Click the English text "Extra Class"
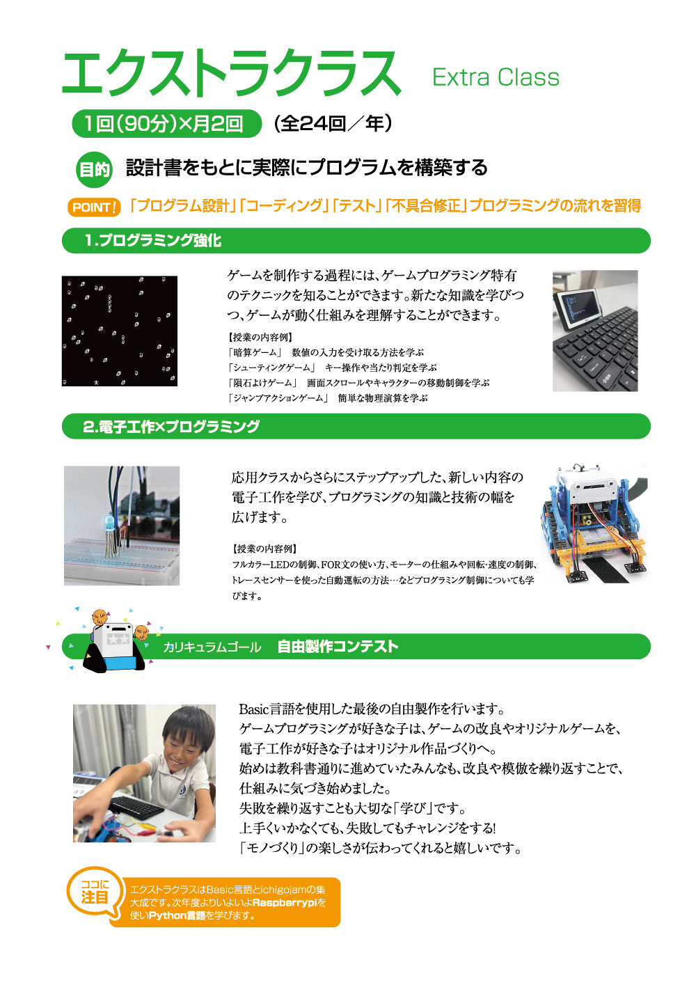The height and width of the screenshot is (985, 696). (x=496, y=77)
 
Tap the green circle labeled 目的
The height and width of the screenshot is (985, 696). (x=94, y=169)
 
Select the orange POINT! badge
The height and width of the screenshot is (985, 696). (x=94, y=207)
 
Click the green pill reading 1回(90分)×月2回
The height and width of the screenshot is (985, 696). (x=166, y=124)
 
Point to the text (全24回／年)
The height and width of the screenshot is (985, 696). (x=333, y=124)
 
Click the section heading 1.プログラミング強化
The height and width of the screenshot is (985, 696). (x=153, y=241)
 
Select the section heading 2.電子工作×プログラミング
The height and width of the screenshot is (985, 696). (x=171, y=426)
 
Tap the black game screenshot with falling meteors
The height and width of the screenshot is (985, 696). (x=120, y=331)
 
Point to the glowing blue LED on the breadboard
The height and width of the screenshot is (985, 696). (x=109, y=521)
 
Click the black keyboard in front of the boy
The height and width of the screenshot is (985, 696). (x=136, y=807)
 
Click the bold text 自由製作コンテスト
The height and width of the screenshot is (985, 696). (x=338, y=647)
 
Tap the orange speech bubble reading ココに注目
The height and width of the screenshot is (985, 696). (x=95, y=893)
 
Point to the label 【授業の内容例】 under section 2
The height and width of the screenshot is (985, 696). (x=264, y=549)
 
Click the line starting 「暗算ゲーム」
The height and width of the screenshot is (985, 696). (x=325, y=352)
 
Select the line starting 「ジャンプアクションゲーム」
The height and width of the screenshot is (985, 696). (x=327, y=398)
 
